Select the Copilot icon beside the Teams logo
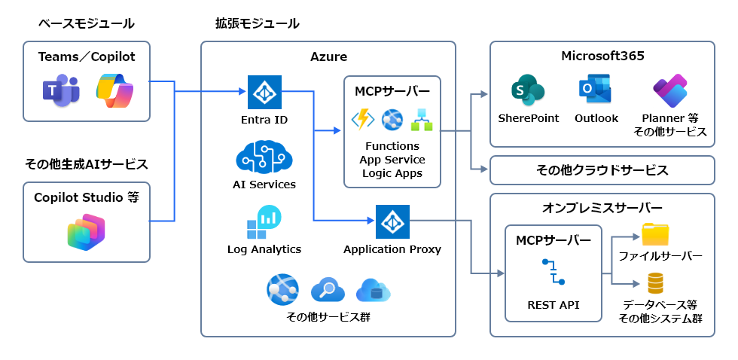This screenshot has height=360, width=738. pyautogui.click(x=114, y=90)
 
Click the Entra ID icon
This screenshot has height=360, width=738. pyautogui.click(x=264, y=92)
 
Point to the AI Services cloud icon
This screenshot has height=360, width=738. pyautogui.click(x=264, y=157)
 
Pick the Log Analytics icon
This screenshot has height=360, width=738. pyautogui.click(x=264, y=222)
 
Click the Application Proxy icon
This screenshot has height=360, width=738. pyautogui.click(x=392, y=221)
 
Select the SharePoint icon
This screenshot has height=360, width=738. pyautogui.click(x=527, y=91)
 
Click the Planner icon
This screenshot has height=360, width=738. pyautogui.click(x=670, y=91)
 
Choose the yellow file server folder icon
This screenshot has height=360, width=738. pyautogui.click(x=655, y=235)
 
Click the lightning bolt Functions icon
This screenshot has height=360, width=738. pyautogui.click(x=364, y=119)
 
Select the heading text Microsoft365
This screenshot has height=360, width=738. pyautogui.click(x=602, y=56)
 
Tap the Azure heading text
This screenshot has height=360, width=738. pyautogui.click(x=328, y=56)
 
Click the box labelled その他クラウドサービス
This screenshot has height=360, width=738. pyautogui.click(x=602, y=170)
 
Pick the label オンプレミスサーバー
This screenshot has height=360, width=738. pyautogui.click(x=602, y=208)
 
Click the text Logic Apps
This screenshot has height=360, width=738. pyautogui.click(x=392, y=173)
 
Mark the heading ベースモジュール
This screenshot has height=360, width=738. pyautogui.click(x=87, y=23)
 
